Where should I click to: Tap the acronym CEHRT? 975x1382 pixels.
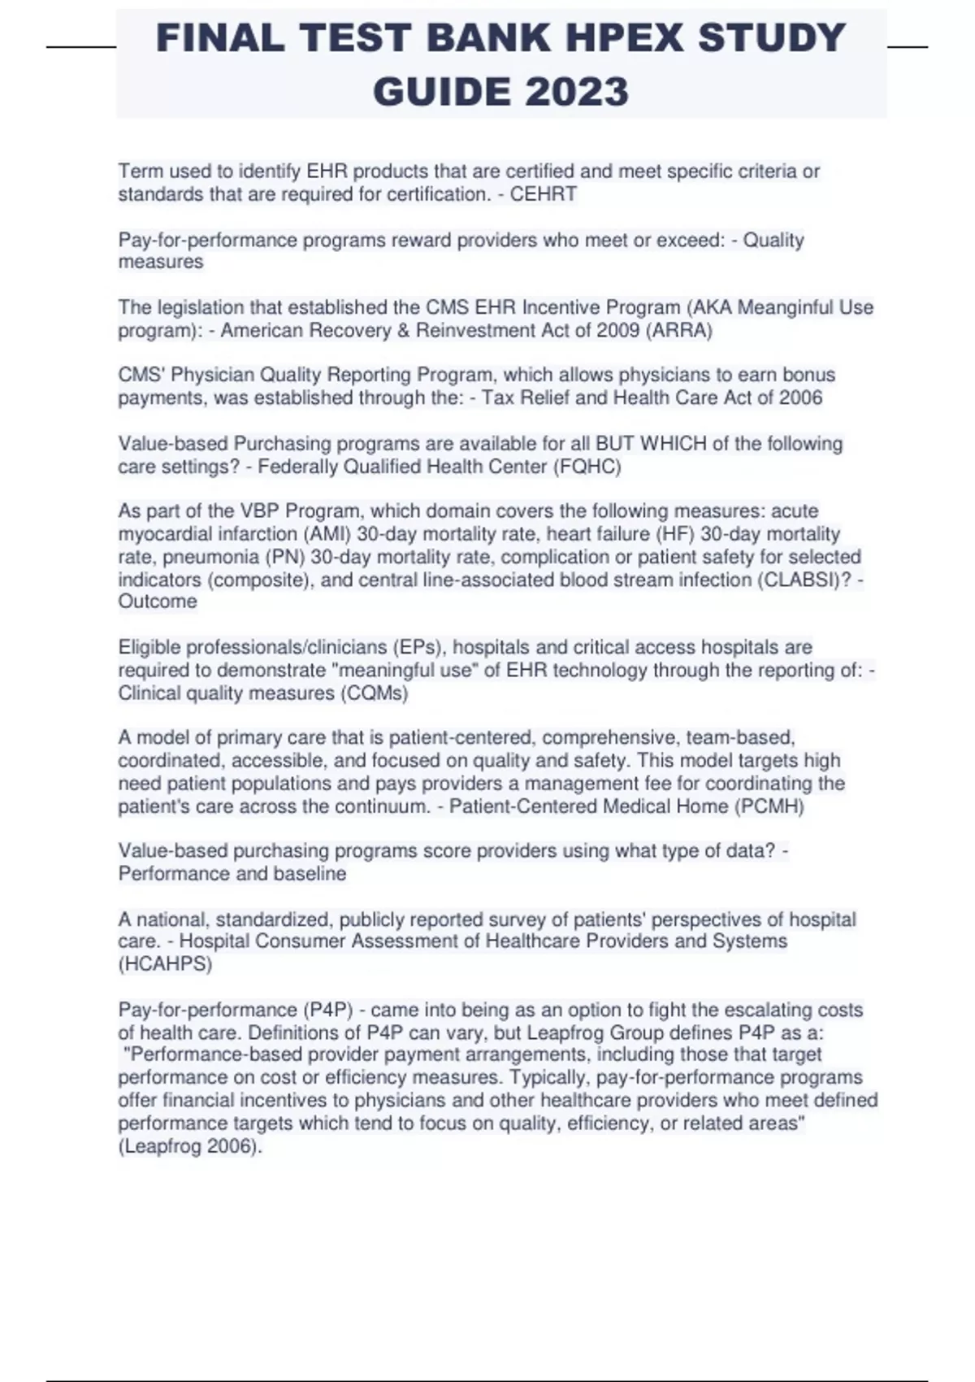tap(543, 194)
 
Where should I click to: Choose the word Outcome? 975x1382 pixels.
tap(158, 602)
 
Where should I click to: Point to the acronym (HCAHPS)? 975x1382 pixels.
tap(166, 964)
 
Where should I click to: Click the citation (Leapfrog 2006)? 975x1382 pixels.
tap(189, 1147)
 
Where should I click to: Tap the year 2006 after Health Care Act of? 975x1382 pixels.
tap(800, 398)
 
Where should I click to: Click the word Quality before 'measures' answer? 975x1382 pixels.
tap(773, 241)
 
